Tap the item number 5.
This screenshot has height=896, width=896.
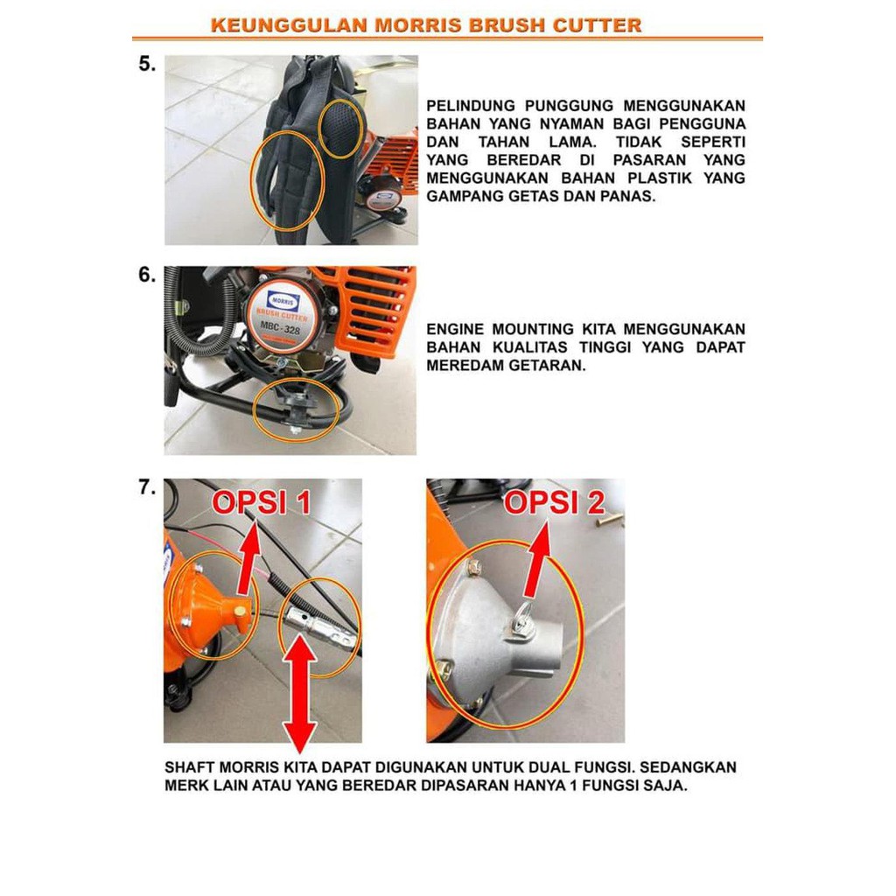147,64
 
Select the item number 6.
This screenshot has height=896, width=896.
147,275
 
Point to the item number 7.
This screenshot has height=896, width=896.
147,487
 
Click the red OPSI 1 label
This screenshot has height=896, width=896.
261,503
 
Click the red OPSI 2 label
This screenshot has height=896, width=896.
554,503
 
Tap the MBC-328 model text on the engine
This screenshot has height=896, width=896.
280,328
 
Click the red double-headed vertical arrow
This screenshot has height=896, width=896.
299,694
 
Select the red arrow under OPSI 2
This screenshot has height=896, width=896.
536,561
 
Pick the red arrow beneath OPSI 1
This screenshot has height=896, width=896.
248,563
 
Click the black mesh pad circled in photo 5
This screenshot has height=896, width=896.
341,129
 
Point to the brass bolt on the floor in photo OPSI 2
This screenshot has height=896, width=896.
609,521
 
